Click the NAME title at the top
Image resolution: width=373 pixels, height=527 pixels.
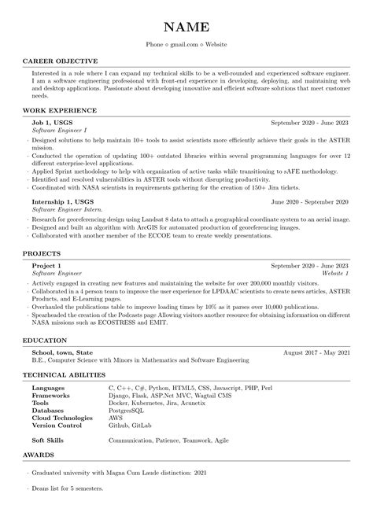click(x=186, y=24)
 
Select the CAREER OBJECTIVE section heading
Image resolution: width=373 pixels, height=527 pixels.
click(x=60, y=61)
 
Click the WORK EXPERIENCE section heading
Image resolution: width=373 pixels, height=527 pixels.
click(x=60, y=111)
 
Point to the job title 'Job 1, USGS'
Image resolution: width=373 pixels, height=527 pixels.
click(x=52, y=123)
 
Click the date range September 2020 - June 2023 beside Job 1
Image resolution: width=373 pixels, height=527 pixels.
click(x=310, y=123)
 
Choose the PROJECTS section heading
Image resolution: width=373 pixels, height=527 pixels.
click(x=42, y=254)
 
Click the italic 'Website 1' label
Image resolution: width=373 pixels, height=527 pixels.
click(x=335, y=275)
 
